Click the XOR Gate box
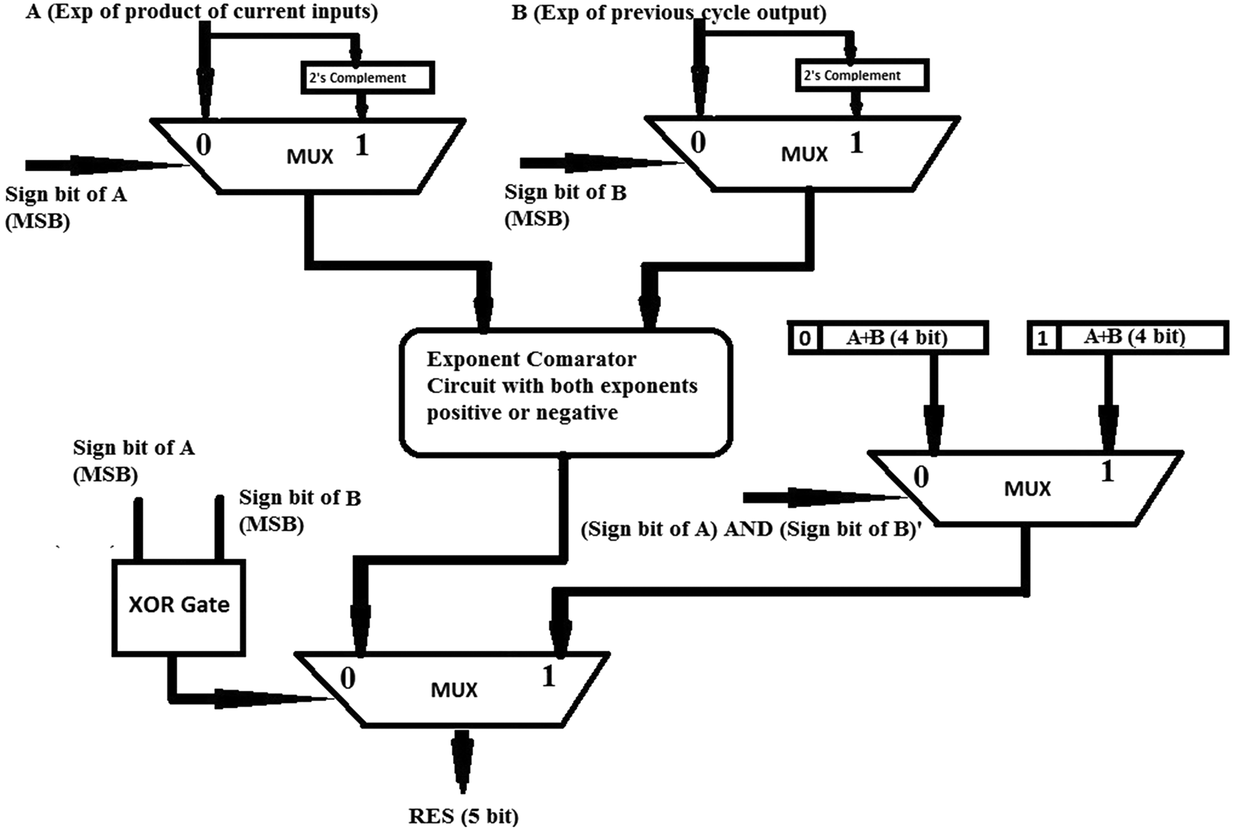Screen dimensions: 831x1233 179,607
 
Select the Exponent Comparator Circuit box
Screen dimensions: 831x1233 566,392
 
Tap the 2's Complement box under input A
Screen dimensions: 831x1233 367,78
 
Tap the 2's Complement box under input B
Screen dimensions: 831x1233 861,75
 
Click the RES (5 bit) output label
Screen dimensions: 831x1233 463,816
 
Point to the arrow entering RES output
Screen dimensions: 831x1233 463,760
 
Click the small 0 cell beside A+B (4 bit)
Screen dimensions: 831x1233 805,337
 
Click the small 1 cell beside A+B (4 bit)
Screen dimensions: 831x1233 1042,337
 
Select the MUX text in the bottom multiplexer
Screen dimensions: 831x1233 454,690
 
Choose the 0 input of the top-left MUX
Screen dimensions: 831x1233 203,144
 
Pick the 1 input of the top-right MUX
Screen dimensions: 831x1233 856,143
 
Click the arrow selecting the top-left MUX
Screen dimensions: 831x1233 108,165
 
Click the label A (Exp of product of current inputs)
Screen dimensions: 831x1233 201,11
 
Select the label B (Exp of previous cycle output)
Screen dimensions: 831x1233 668,12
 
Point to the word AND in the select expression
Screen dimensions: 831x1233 748,529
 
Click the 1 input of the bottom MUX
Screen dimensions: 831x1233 548,676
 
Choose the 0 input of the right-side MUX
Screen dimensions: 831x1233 921,476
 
